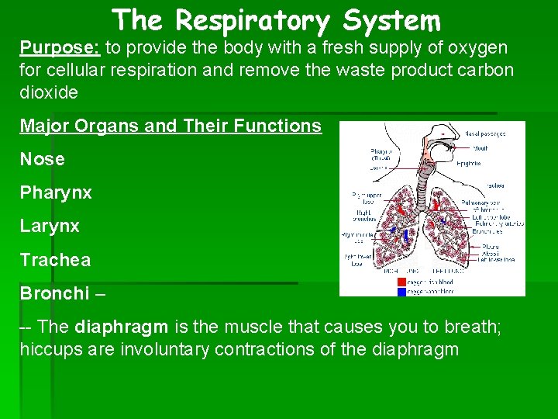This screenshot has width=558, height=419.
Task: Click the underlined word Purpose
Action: click(x=59, y=47)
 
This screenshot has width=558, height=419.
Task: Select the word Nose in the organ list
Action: click(x=43, y=159)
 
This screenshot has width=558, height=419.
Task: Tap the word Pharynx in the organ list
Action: click(x=56, y=192)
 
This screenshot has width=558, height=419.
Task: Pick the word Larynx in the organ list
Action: click(x=50, y=227)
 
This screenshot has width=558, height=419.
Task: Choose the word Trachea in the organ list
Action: click(x=55, y=260)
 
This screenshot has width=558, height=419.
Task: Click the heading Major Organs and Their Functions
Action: click(x=170, y=126)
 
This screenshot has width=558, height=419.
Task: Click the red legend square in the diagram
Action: click(x=401, y=282)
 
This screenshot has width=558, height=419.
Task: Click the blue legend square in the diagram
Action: click(x=401, y=292)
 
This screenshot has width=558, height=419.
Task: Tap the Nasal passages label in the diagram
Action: click(x=485, y=133)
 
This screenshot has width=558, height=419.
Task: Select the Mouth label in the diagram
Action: click(x=480, y=148)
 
